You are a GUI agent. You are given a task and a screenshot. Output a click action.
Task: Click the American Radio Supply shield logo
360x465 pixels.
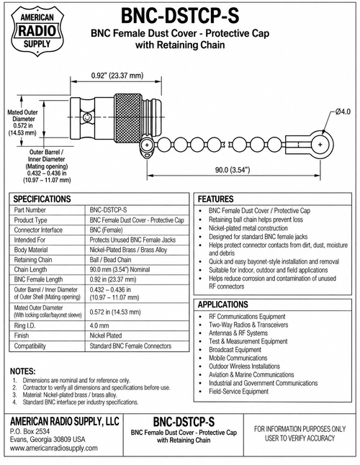(x=37, y=31)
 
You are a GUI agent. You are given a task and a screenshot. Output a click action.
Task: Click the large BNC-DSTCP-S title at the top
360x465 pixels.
(x=180, y=16)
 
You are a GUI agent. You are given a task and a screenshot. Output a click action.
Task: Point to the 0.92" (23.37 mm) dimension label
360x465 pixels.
(x=117, y=76)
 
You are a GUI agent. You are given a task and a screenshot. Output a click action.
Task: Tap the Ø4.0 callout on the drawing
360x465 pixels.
(x=343, y=112)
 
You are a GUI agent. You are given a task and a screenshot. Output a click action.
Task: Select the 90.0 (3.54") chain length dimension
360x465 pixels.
(x=233, y=170)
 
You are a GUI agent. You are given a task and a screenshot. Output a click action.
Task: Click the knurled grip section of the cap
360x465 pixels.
(x=128, y=118)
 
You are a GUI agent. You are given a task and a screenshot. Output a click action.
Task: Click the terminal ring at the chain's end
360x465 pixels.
(x=321, y=145)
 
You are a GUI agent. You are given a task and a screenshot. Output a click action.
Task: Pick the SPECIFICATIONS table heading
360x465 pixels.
(x=42, y=199)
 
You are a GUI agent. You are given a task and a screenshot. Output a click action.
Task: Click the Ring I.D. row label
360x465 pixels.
(x=24, y=325)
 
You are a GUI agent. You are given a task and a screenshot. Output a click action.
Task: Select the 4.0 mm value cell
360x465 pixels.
(x=99, y=325)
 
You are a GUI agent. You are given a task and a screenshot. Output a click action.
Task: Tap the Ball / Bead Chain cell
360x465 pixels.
(x=110, y=260)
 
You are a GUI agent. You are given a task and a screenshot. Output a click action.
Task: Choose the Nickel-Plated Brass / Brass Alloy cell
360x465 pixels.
(x=128, y=250)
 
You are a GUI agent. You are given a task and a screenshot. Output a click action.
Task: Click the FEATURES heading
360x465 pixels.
(x=215, y=199)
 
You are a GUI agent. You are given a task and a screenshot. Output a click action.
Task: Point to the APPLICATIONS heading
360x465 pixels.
(x=222, y=304)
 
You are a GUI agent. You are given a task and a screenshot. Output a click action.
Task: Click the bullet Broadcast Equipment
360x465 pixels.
(x=235, y=350)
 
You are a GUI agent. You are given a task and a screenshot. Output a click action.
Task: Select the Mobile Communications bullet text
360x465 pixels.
(x=238, y=358)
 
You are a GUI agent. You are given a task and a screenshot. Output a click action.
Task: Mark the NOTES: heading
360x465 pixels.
(x=23, y=371)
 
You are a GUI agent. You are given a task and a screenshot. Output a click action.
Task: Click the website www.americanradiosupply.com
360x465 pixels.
(x=54, y=448)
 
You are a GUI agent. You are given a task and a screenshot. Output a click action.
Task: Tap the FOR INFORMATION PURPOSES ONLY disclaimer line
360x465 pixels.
(x=300, y=429)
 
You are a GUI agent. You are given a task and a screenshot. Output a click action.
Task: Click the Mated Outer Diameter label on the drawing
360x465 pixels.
(x=23, y=116)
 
